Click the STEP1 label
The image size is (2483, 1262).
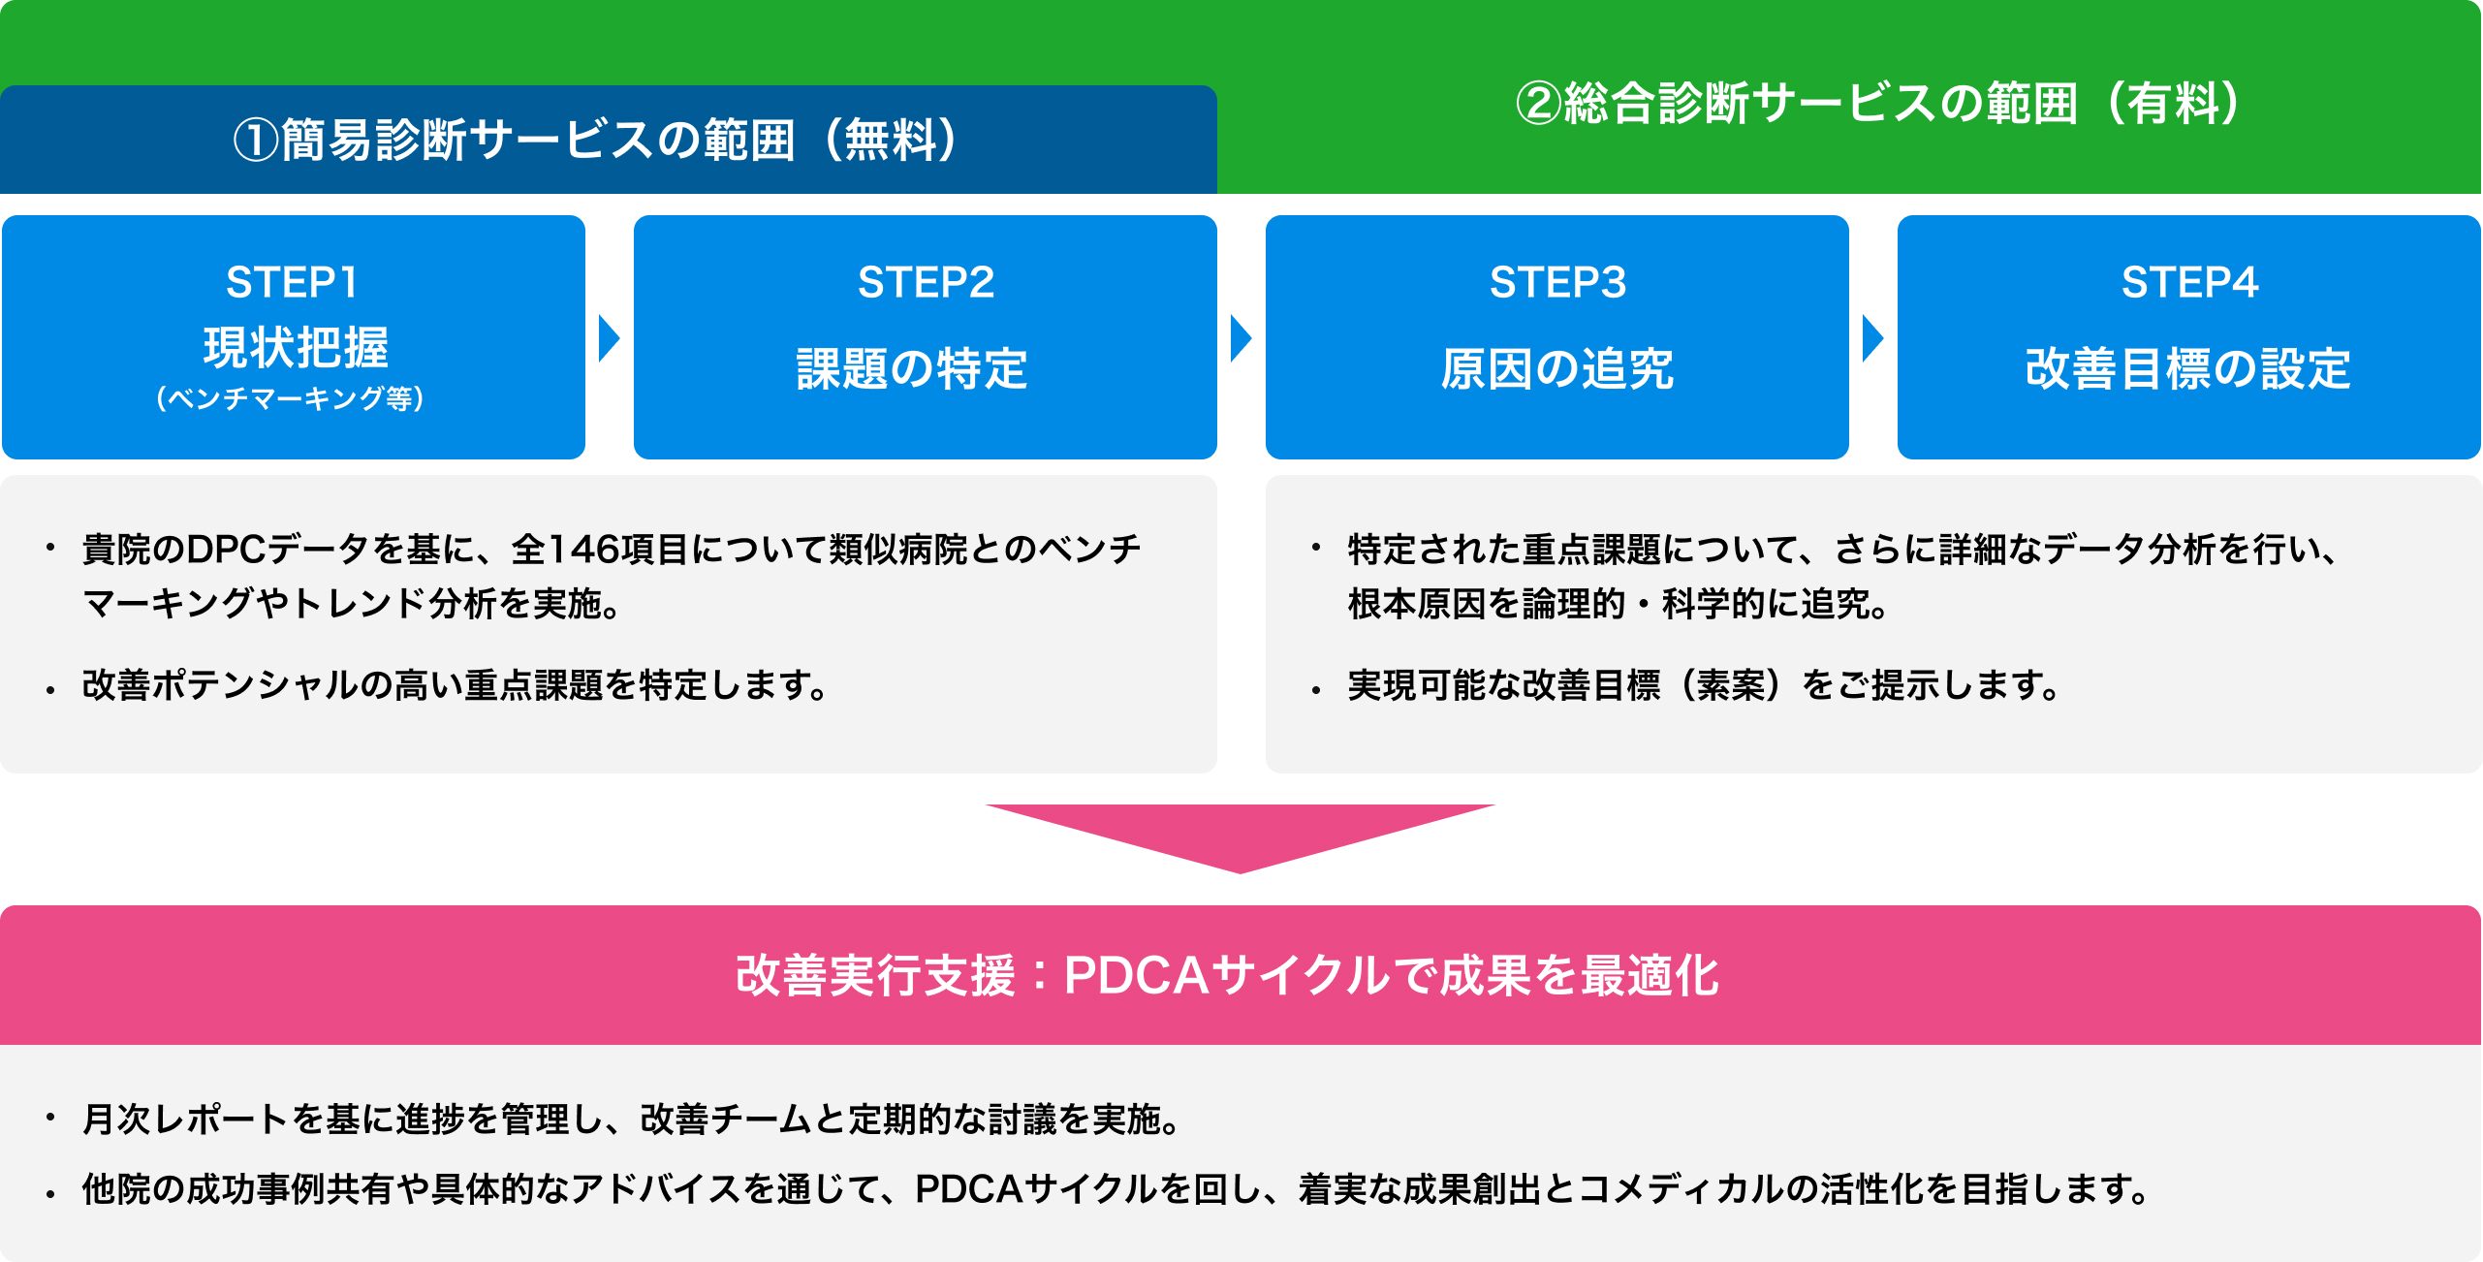(292, 283)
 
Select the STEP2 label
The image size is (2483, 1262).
(926, 283)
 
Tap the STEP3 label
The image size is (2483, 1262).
(1557, 283)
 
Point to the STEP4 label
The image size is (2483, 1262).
(2189, 283)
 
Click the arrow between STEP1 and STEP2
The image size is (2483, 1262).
(609, 338)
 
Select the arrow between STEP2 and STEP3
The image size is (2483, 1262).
(1241, 338)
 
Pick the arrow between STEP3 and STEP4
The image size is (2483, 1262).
(1872, 338)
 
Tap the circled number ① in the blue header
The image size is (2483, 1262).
(256, 141)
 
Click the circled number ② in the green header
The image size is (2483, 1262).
(1539, 104)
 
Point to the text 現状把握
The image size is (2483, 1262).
(296, 347)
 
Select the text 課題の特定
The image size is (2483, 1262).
(912, 368)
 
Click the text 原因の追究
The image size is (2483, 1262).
(1557, 368)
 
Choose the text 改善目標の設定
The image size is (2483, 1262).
(2188, 368)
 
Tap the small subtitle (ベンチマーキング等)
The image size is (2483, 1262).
(291, 398)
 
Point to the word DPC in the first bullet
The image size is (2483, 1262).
(226, 550)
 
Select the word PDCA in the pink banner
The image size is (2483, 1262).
(1137, 975)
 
